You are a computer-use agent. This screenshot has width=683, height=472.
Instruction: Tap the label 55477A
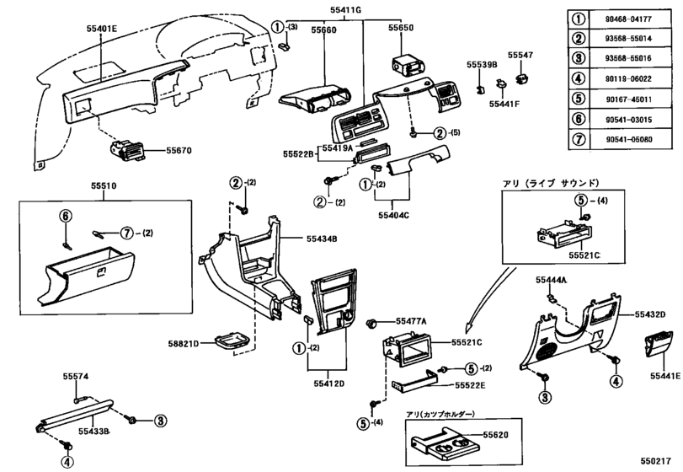[x=412, y=321]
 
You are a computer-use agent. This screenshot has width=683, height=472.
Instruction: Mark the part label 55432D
[x=648, y=314]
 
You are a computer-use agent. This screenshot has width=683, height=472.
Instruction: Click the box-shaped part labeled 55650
[x=400, y=66]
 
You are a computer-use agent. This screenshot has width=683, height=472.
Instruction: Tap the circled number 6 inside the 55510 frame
[x=64, y=216]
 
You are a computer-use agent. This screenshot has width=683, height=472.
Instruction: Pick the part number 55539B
[x=483, y=64]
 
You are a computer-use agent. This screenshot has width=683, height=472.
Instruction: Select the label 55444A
[x=552, y=279]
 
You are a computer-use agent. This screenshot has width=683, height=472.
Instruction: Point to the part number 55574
[x=76, y=377]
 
